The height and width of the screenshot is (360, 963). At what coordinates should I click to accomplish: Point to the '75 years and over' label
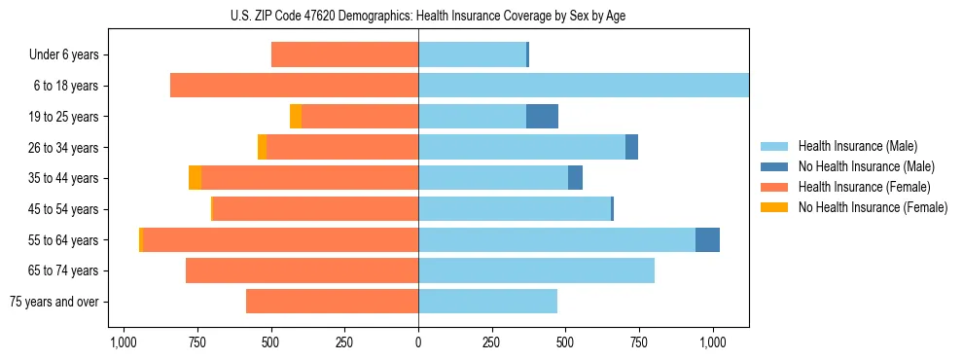(53, 302)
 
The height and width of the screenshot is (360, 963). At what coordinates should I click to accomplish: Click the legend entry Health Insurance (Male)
(857, 146)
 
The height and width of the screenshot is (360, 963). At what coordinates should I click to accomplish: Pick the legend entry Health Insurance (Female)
(864, 187)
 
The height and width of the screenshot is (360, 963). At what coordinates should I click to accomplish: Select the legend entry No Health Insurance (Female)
(873, 207)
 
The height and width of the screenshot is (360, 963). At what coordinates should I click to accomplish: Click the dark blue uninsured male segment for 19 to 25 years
(542, 117)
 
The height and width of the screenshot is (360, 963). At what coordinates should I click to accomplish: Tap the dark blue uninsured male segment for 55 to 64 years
(707, 240)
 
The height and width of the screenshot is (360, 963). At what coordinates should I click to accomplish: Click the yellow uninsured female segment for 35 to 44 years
(195, 178)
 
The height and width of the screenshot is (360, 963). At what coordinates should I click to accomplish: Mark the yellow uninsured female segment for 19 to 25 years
(296, 117)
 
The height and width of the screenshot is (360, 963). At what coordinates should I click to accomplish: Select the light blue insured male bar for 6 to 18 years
(584, 86)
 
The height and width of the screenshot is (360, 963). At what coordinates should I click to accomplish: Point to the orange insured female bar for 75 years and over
(332, 302)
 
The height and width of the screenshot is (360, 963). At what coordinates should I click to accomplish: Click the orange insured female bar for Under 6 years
(344, 54)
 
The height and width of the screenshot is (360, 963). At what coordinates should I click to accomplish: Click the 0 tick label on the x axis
(418, 342)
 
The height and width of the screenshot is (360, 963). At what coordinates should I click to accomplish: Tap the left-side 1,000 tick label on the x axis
(123, 342)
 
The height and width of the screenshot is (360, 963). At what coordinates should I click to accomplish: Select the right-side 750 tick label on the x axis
(638, 342)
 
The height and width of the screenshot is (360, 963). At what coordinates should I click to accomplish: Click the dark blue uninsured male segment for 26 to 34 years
(631, 147)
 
